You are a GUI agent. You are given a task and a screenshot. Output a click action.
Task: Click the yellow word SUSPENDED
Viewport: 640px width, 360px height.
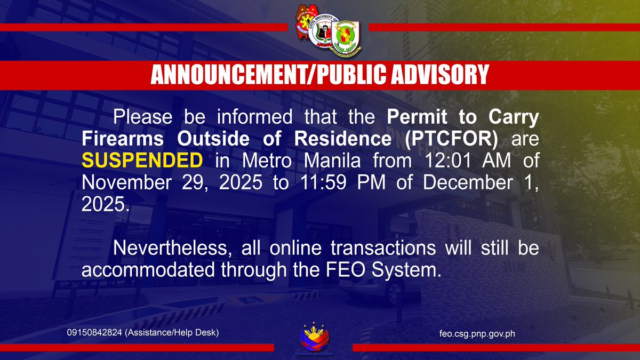142,161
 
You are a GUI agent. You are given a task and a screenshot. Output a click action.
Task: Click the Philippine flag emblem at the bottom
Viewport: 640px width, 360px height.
314,337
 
